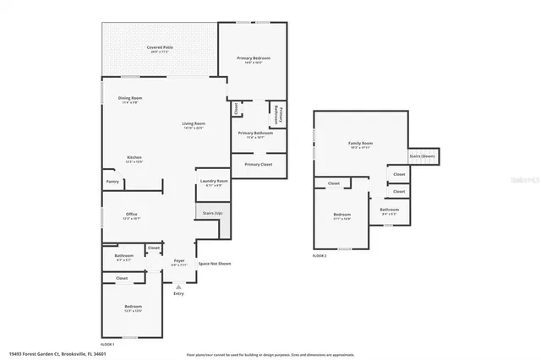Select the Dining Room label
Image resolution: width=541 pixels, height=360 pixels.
(x=130, y=99)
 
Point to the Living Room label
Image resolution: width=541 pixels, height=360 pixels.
(x=194, y=124)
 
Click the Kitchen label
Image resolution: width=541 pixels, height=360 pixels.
(x=134, y=157)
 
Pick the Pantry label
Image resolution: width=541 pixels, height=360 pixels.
(x=112, y=181)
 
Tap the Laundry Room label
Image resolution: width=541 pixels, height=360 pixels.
(x=213, y=181)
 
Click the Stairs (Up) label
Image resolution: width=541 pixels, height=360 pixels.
(x=213, y=213)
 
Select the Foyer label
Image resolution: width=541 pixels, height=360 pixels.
(x=179, y=260)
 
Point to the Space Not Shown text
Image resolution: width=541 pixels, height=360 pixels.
(x=214, y=264)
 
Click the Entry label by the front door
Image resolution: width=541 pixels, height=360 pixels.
(x=178, y=293)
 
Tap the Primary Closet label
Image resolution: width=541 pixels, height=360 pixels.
(x=258, y=164)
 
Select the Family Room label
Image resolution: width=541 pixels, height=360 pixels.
(x=361, y=144)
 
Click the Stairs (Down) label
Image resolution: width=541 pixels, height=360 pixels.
(x=423, y=156)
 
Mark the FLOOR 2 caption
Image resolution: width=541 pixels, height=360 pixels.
(x=320, y=254)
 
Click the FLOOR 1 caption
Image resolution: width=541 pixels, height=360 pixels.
(x=108, y=344)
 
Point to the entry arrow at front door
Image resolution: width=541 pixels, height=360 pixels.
(x=178, y=286)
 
